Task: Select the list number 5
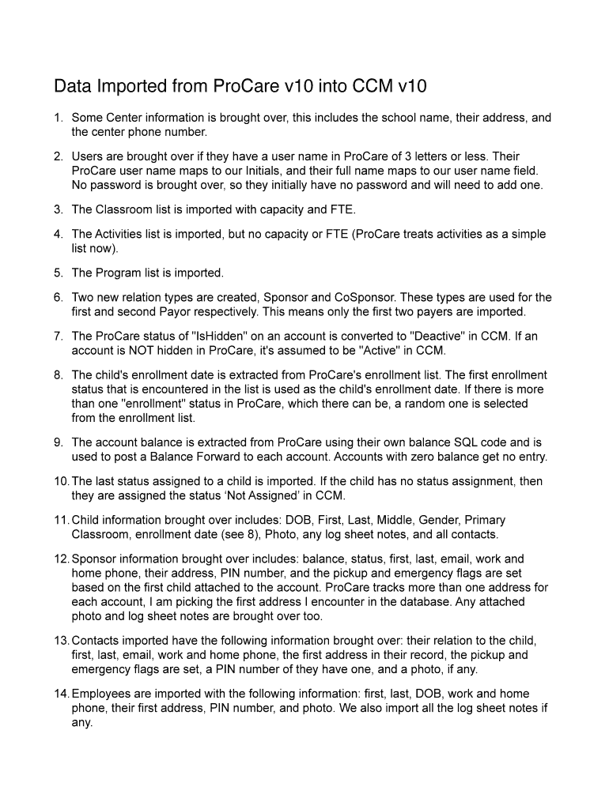[59, 273]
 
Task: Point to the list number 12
[62, 559]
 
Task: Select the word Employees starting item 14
[101, 694]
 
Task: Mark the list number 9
[59, 442]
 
